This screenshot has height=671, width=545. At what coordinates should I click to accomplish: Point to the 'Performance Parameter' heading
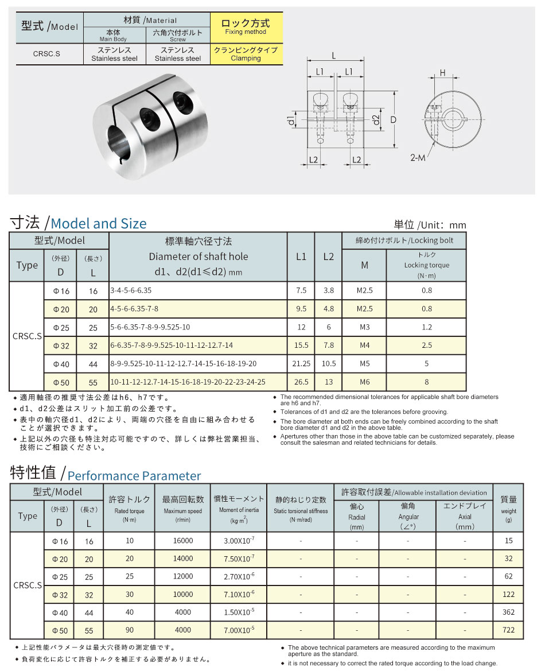[134, 476]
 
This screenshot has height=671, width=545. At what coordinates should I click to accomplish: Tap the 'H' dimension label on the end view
[443, 72]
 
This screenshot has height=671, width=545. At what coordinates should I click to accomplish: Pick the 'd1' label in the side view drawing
[291, 120]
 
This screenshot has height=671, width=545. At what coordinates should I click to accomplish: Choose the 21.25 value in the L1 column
[301, 363]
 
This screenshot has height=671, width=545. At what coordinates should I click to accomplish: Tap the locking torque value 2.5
[426, 346]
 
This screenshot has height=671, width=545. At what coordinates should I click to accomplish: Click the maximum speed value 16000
[182, 541]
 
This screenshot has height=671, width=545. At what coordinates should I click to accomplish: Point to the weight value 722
[508, 630]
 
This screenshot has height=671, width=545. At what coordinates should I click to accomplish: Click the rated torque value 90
[129, 630]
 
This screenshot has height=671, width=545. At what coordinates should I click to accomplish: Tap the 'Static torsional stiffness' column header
[301, 505]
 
